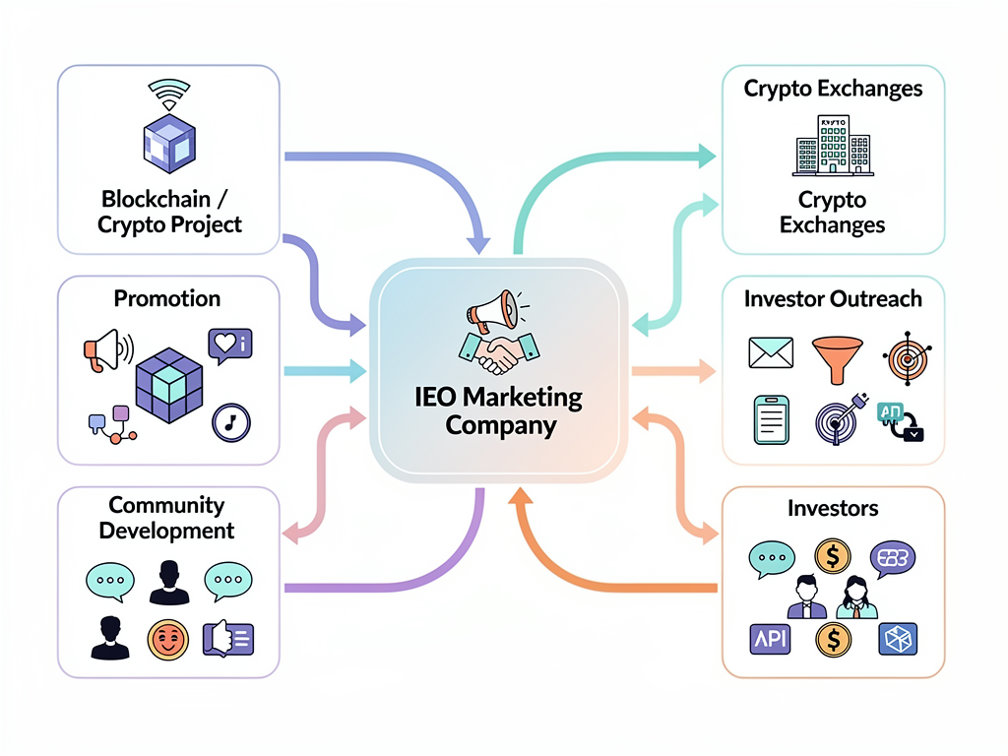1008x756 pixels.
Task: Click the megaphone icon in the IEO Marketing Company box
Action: tap(494, 310)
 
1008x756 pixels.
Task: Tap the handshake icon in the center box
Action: tap(499, 351)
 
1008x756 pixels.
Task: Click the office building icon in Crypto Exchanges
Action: tap(833, 147)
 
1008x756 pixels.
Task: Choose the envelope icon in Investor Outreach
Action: tap(770, 352)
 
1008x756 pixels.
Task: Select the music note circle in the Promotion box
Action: tap(231, 421)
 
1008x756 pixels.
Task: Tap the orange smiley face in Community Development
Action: tap(166, 640)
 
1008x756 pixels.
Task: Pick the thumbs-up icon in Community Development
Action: tap(226, 639)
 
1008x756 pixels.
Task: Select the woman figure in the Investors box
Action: tap(855, 598)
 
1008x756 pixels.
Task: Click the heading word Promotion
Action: tap(167, 298)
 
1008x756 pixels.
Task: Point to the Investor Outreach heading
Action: tap(833, 298)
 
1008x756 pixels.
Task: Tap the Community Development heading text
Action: tap(166, 518)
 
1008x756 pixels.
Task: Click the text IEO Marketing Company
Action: tap(500, 411)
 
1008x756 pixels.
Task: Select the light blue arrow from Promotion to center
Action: tap(325, 371)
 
